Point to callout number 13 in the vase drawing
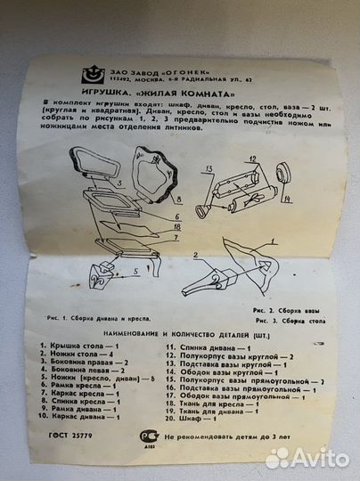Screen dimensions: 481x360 205,167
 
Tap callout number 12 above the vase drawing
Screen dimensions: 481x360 252,159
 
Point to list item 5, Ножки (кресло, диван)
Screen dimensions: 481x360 97,379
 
